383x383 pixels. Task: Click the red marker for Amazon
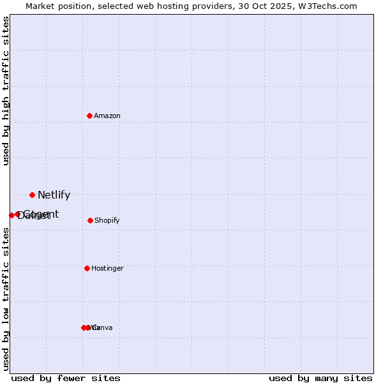[89, 116]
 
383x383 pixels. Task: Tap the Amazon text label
[107, 116]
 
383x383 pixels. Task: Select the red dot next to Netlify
[32, 195]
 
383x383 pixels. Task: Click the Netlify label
[54, 195]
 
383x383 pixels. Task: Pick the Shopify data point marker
[90, 220]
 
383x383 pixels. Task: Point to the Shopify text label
[107, 221]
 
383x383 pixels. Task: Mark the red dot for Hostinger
[87, 268]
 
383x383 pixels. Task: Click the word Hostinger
[107, 269]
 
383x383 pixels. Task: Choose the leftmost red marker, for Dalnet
[11, 215]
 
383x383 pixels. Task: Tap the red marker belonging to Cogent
[18, 214]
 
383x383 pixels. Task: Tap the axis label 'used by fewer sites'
[66, 378]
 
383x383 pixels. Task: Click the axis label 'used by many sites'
[320, 378]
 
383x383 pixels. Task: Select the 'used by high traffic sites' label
[6, 91]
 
